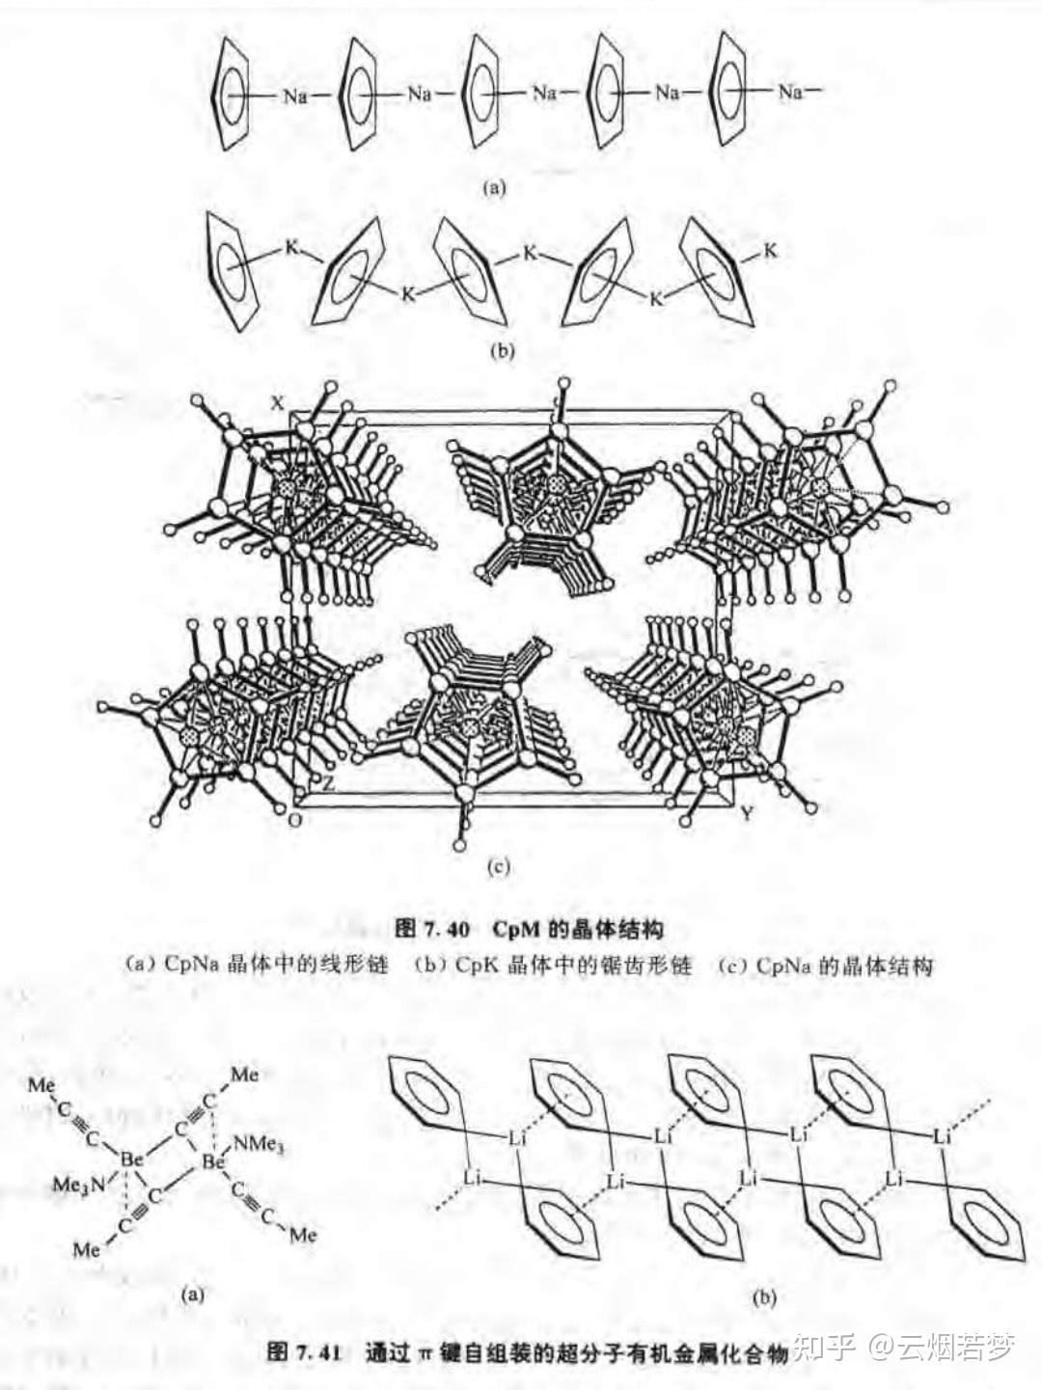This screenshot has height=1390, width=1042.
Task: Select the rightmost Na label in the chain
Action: (x=791, y=93)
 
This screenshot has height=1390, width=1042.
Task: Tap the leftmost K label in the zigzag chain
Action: (x=291, y=247)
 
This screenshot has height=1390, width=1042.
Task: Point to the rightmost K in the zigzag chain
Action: (x=770, y=252)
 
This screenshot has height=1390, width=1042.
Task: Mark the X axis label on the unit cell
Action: (x=277, y=405)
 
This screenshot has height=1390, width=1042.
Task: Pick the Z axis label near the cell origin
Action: (x=328, y=783)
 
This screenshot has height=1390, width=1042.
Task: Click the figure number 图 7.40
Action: (x=433, y=930)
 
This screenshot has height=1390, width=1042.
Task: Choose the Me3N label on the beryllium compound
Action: (x=80, y=1184)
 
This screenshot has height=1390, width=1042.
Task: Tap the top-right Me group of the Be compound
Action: (x=245, y=1075)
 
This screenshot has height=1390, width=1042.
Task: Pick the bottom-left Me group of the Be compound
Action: (x=87, y=1250)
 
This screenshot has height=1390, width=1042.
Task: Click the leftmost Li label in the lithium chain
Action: (x=472, y=1179)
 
